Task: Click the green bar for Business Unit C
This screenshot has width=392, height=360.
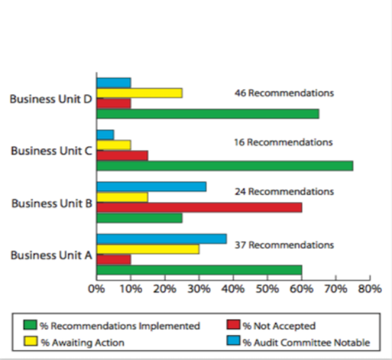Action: coord(225,166)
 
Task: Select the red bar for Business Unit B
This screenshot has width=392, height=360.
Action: coord(199,208)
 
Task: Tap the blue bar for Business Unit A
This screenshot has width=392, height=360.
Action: coord(161,238)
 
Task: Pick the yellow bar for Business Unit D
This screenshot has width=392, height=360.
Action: coord(140,93)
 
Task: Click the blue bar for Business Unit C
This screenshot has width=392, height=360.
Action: coord(105,135)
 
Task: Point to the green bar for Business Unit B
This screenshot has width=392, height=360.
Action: coord(140,218)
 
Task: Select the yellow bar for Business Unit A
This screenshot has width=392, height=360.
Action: coord(148,249)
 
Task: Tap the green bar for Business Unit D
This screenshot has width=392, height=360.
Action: coord(208,114)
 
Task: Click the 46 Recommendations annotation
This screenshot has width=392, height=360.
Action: coord(284,93)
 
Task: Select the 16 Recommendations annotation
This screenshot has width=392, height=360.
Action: coord(283,142)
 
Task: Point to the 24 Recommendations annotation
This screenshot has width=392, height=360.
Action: coord(284,191)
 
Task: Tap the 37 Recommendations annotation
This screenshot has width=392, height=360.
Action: coord(284,245)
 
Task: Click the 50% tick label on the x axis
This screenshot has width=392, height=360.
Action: coord(267,289)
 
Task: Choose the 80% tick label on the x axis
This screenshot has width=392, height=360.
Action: coord(369,289)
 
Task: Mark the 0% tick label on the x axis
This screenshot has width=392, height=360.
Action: coord(96,289)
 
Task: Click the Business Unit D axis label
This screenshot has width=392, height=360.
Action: coord(51,99)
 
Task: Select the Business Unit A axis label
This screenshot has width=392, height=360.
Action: coord(51,255)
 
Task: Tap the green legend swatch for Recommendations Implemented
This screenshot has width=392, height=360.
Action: coord(30,325)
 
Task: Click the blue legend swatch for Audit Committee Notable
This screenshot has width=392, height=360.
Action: coord(234,340)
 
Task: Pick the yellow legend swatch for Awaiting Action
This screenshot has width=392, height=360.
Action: coord(31,341)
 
